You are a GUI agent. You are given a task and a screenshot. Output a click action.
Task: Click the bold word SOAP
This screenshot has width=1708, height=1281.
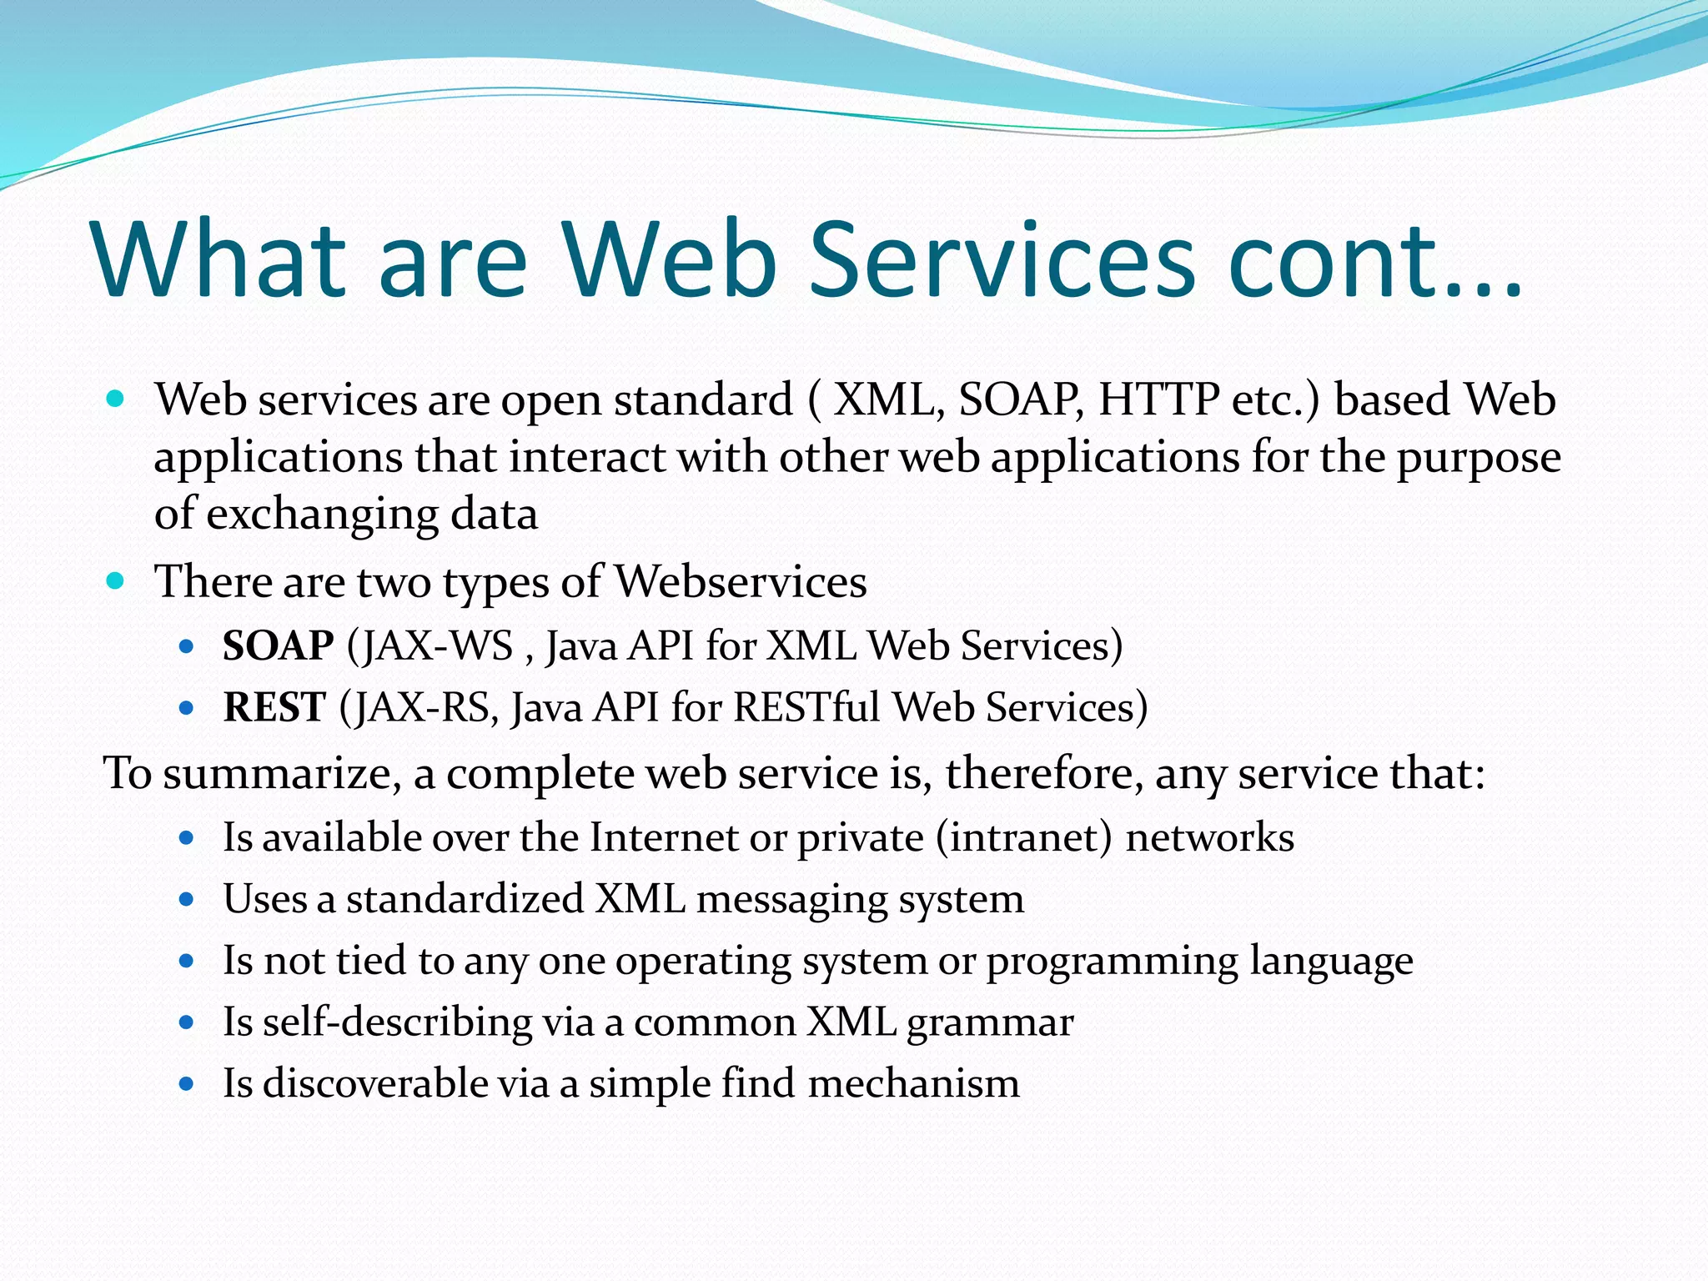278,646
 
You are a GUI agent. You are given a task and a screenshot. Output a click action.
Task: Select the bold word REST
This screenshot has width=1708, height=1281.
274,707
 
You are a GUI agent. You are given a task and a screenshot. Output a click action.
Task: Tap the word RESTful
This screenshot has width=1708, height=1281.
806,707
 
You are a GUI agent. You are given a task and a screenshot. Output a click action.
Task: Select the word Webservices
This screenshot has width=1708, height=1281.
741,581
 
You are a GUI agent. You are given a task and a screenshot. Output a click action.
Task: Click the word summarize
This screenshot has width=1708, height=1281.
277,773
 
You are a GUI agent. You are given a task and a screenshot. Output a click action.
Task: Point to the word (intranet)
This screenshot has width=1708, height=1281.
1024,837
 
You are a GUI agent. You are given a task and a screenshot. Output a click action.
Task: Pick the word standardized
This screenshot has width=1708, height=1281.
465,899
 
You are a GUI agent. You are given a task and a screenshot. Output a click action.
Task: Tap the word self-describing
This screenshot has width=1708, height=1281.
397,1022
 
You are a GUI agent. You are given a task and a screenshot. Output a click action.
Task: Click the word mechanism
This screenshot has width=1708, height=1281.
913,1083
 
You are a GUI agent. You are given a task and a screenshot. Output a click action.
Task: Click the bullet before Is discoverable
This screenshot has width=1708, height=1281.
187,1084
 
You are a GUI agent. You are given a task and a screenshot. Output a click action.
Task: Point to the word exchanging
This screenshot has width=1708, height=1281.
322,515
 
